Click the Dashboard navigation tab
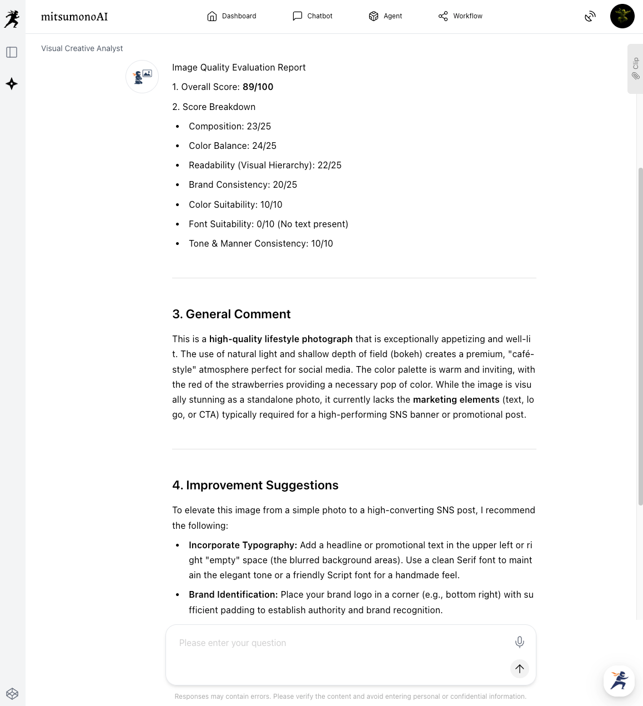[x=232, y=16]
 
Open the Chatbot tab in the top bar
[x=313, y=16]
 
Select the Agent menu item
[x=385, y=16]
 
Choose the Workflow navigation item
[x=460, y=16]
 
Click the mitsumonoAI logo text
[x=74, y=17]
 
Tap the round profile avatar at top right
[x=622, y=16]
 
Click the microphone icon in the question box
[x=519, y=642]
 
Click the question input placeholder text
[x=233, y=643]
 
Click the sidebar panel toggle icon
[x=12, y=52]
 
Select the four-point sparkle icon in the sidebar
[x=12, y=84]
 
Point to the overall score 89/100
[x=258, y=87]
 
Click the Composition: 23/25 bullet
[x=229, y=127]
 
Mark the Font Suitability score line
[x=268, y=224]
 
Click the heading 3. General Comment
[x=232, y=314]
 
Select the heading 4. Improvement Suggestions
[x=255, y=485]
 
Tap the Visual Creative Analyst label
[x=82, y=49]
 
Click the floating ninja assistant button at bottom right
[x=619, y=680]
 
